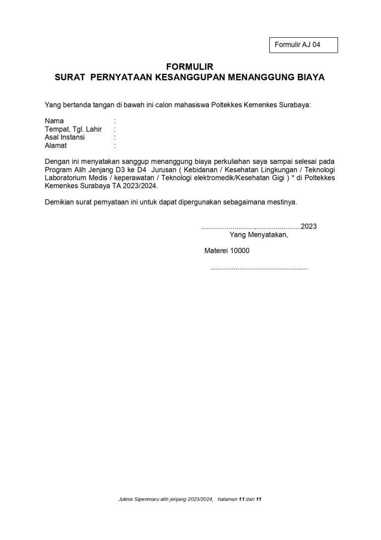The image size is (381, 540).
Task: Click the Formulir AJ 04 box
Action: point(303,45)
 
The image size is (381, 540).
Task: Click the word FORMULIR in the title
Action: point(190,67)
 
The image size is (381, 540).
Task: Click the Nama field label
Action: point(54,121)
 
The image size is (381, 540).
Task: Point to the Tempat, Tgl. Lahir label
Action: point(73,129)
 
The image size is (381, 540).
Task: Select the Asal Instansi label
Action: point(64,137)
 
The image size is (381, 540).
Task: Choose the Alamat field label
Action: point(56,146)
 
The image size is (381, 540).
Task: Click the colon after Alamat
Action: point(115,146)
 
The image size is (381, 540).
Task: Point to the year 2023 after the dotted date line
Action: point(309,227)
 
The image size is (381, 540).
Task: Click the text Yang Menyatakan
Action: point(258,235)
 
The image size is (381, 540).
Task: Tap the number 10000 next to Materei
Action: point(239,251)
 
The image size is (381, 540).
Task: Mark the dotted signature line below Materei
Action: point(258,268)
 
